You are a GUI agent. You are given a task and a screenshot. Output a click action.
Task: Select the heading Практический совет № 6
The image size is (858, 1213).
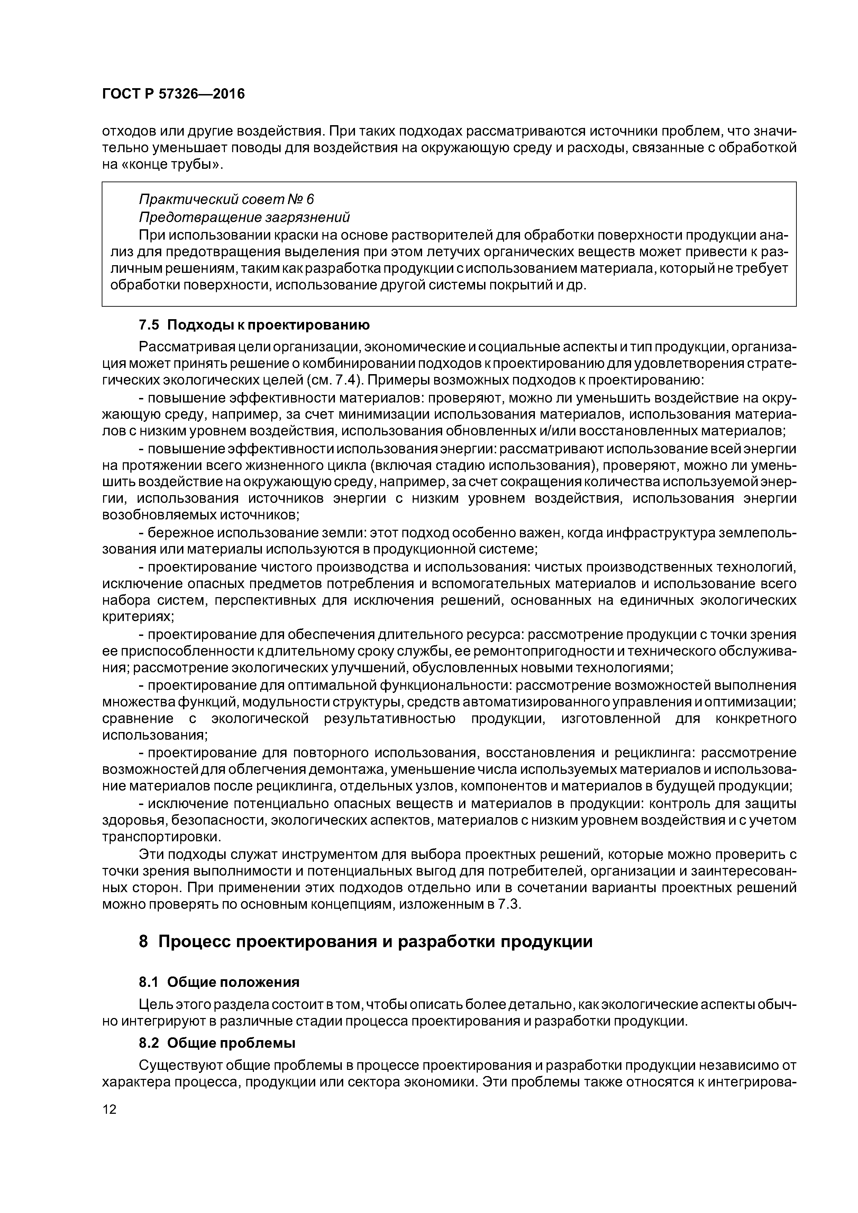[x=226, y=199]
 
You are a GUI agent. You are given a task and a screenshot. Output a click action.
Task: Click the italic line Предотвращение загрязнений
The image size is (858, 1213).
[x=244, y=217]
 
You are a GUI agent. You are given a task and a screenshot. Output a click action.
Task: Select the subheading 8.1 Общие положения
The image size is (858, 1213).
[x=219, y=982]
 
